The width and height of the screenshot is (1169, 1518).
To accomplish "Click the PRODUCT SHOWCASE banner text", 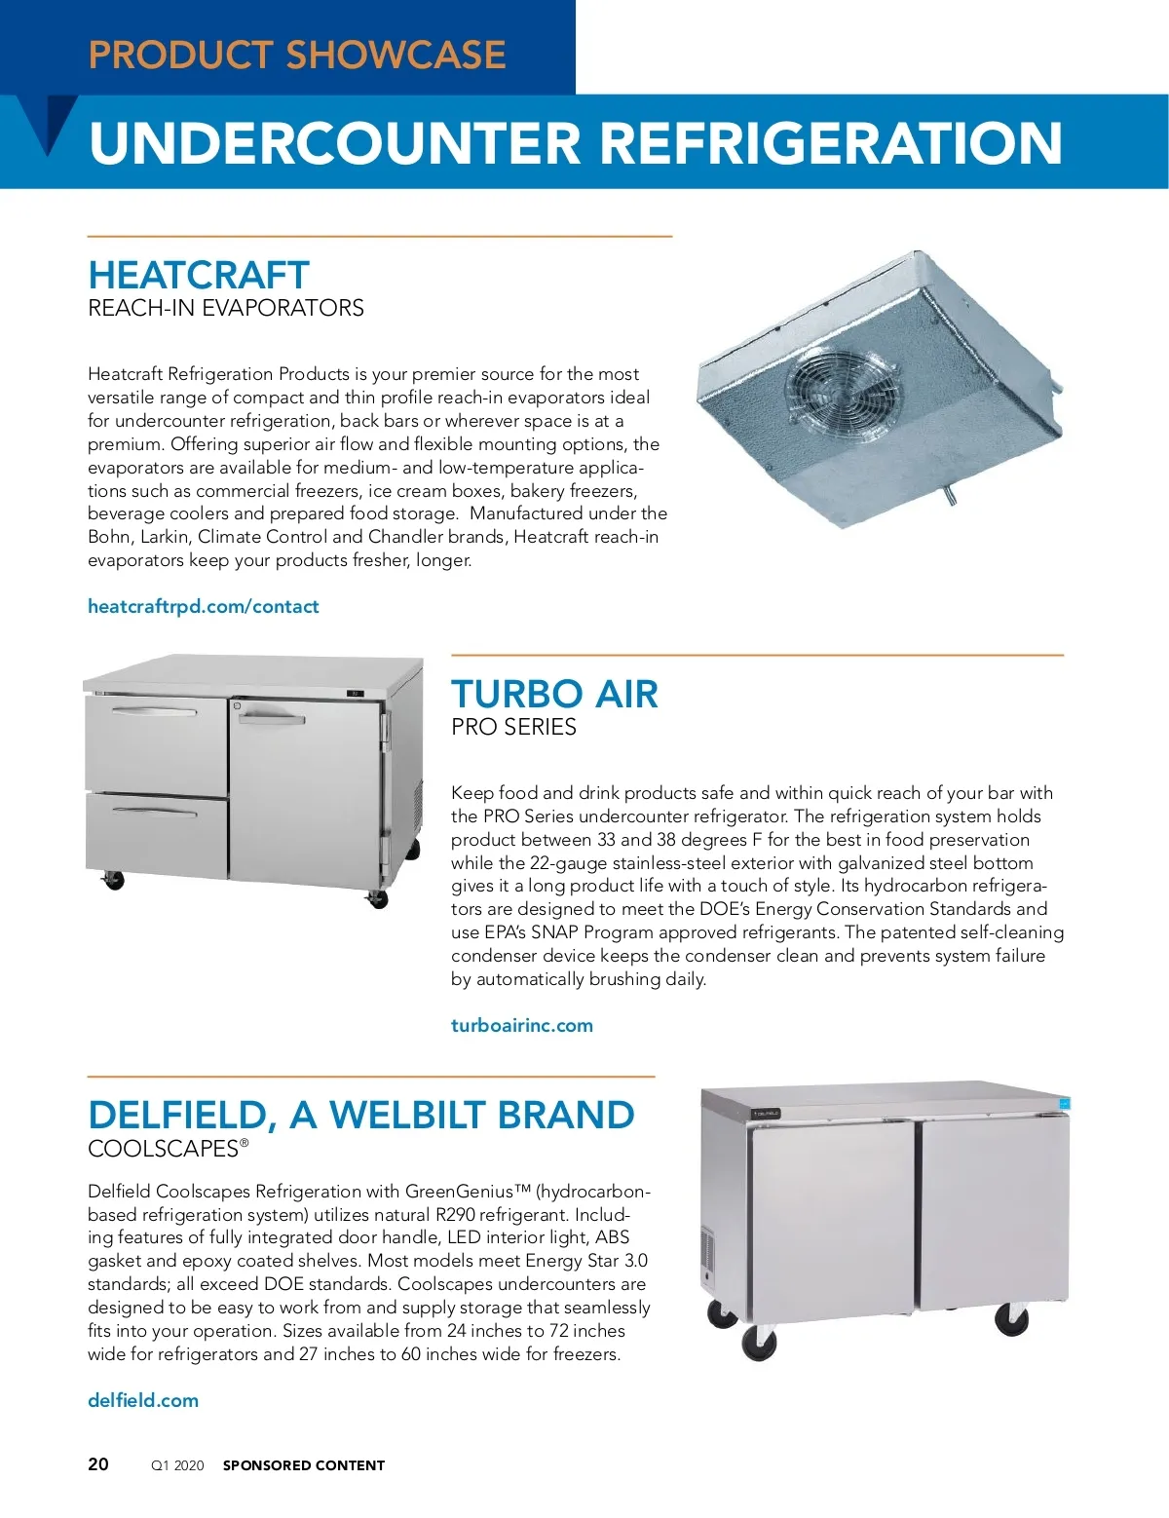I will (x=297, y=55).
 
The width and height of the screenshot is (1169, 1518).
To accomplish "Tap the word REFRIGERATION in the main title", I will (x=831, y=143).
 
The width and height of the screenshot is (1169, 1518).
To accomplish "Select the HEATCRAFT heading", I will (x=199, y=275).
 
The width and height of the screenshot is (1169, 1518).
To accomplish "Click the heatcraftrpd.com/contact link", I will (x=204, y=606).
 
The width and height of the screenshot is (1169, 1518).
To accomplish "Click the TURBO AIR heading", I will (x=554, y=695).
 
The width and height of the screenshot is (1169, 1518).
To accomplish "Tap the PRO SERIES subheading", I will (x=513, y=727).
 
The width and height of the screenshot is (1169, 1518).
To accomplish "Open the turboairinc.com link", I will (x=522, y=1025).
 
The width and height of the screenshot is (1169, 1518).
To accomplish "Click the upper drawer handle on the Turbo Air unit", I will (x=155, y=710).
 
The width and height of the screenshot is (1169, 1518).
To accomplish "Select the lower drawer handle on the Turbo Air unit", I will (x=155, y=810).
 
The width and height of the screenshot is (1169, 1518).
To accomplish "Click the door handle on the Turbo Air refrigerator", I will (x=272, y=718).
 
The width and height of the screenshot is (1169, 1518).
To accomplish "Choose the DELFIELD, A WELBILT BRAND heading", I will (x=361, y=1116).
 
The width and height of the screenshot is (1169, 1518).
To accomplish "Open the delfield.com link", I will (x=143, y=1400).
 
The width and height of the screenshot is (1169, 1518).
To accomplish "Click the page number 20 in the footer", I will (x=98, y=1464).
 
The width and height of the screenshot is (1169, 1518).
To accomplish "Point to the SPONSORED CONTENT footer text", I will (x=304, y=1465).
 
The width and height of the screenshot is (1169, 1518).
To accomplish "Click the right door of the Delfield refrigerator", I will (x=994, y=1213).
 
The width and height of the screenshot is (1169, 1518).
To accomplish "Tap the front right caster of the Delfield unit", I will (x=1011, y=1320).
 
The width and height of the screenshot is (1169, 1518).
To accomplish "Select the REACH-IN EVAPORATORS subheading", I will (x=226, y=308).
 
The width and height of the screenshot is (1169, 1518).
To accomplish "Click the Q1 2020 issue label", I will (x=177, y=1465).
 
